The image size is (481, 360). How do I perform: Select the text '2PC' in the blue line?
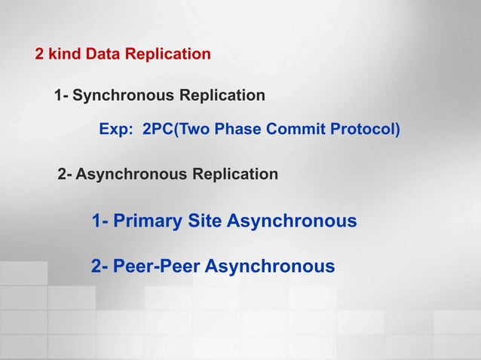coord(158,130)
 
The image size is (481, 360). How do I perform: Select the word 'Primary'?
coord(148,221)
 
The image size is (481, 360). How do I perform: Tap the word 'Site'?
coord(204,221)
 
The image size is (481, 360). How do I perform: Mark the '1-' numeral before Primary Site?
coord(100,221)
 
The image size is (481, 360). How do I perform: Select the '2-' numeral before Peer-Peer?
coord(100,267)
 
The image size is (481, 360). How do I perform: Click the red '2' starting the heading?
coord(39,54)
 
